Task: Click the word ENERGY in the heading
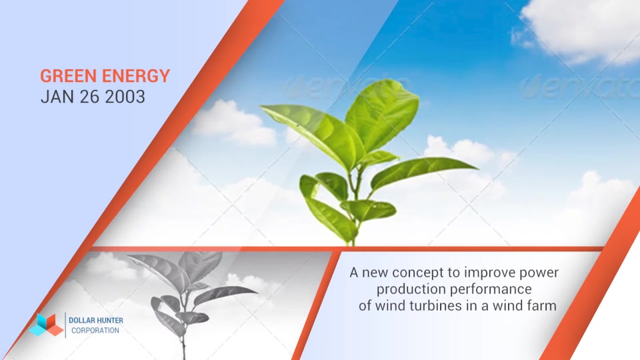tap(136, 76)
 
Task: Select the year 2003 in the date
tap(125, 97)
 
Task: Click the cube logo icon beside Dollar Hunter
tap(46, 325)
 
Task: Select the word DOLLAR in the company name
tap(81, 321)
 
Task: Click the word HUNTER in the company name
tap(109, 321)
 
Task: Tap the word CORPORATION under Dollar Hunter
tap(95, 330)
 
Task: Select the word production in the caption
tap(411, 289)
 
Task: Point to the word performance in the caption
tap(492, 289)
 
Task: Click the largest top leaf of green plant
tap(382, 115)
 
